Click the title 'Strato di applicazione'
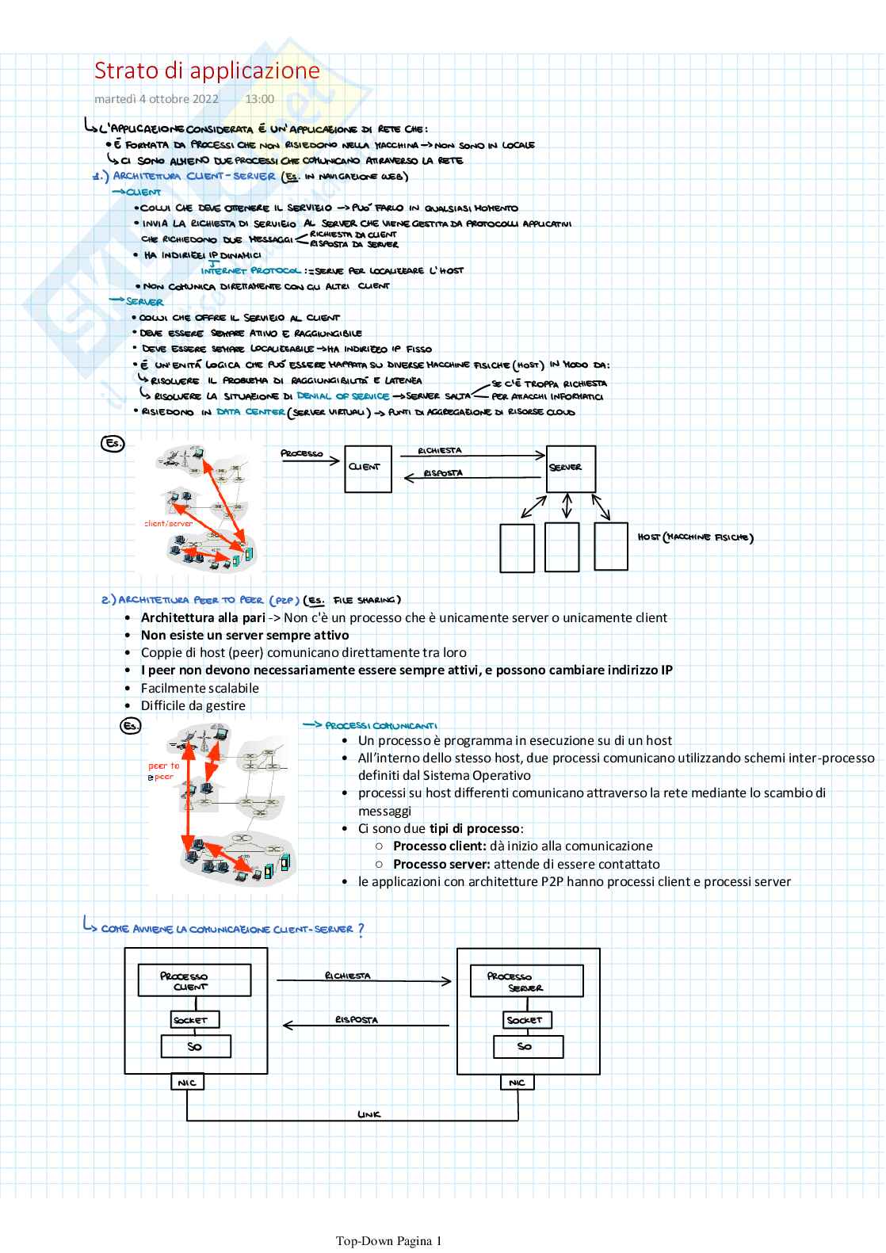coord(207,71)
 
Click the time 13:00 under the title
coord(259,99)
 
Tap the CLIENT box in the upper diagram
coord(368,469)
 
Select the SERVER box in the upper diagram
coord(571,469)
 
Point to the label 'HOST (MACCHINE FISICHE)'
coord(695,537)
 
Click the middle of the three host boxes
coord(563,547)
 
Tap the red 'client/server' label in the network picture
coord(168,524)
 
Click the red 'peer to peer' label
coord(164,771)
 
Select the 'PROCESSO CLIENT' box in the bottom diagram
coord(194,980)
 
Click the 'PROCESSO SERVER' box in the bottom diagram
coord(526,980)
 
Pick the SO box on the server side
coord(525,1046)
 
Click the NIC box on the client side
coord(187,1082)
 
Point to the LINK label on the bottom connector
coord(369,1114)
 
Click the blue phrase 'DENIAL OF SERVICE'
coord(342,396)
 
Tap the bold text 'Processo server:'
coord(439,864)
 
